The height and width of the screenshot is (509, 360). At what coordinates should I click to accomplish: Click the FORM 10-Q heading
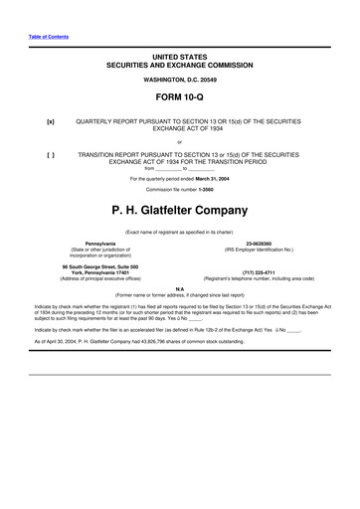point(179,96)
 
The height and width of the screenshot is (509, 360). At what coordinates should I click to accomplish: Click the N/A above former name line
point(180,288)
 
